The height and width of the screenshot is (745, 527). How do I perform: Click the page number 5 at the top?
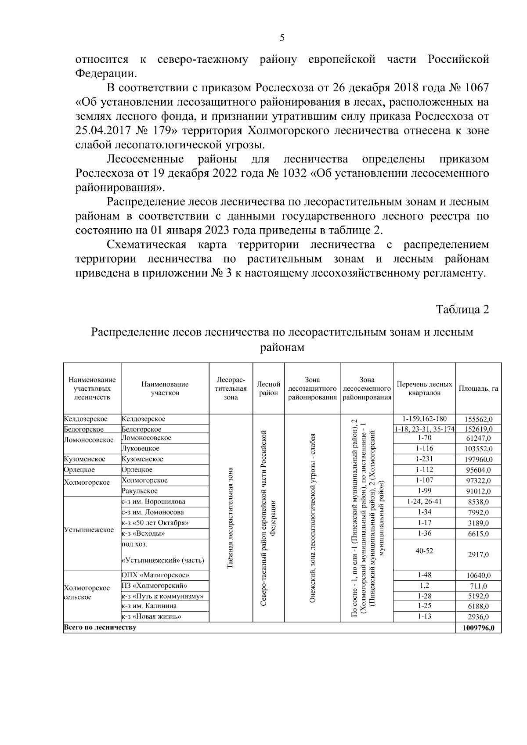click(282, 38)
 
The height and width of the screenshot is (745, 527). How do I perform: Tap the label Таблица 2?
click(462, 310)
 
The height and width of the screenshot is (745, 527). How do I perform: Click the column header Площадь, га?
click(478, 389)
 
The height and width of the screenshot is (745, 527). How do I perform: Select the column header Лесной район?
click(268, 389)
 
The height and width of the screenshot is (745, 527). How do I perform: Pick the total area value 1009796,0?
click(478, 628)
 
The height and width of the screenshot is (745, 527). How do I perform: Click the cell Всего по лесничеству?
click(100, 627)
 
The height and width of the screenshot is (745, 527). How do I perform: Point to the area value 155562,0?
click(478, 419)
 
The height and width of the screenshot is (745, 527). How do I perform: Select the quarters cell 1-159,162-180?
click(424, 419)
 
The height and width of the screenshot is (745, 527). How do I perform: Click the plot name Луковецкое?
click(141, 449)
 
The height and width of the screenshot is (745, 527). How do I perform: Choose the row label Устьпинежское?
click(89, 530)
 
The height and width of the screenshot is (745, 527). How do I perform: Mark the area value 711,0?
click(478, 586)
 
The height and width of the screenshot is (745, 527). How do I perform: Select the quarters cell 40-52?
click(424, 551)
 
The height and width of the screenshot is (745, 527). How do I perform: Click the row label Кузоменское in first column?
click(85, 459)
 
